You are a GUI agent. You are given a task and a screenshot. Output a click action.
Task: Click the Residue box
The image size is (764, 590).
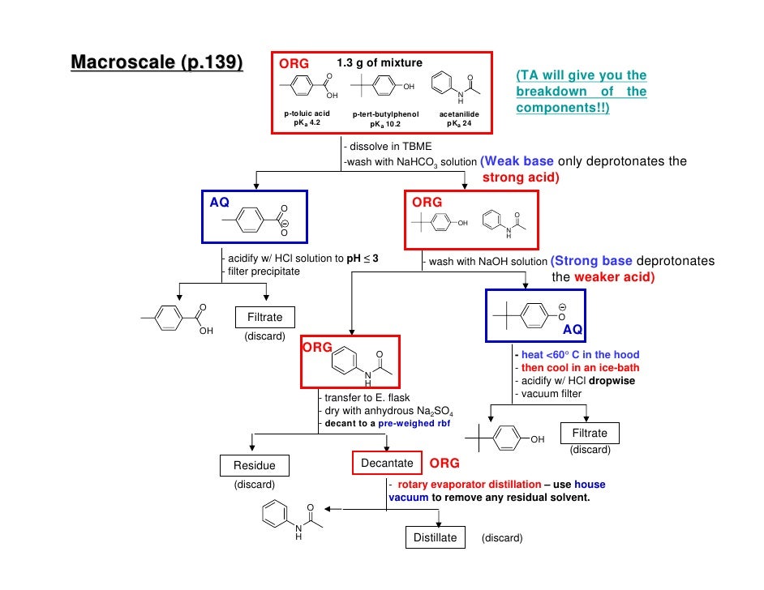point(254,465)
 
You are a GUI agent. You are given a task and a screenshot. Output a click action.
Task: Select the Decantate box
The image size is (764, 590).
point(387,463)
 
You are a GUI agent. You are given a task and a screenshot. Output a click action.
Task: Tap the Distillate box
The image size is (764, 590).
point(435,537)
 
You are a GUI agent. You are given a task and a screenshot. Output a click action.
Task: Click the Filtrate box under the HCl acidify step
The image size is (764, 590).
point(264,318)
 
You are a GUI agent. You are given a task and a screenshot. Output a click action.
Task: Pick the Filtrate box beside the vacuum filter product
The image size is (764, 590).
point(590,433)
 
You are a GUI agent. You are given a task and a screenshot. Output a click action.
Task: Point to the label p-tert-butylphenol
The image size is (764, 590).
point(385,114)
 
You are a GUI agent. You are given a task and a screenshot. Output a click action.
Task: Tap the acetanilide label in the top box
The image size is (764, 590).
point(459,114)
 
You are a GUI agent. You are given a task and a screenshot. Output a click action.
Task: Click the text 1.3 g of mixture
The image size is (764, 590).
point(379,63)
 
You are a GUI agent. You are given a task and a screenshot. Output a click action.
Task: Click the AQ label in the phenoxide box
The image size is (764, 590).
point(573,330)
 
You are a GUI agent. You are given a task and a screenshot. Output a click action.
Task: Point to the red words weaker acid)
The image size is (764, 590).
point(614,277)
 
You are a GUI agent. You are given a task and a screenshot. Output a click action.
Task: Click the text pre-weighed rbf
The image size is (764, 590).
point(414,423)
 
